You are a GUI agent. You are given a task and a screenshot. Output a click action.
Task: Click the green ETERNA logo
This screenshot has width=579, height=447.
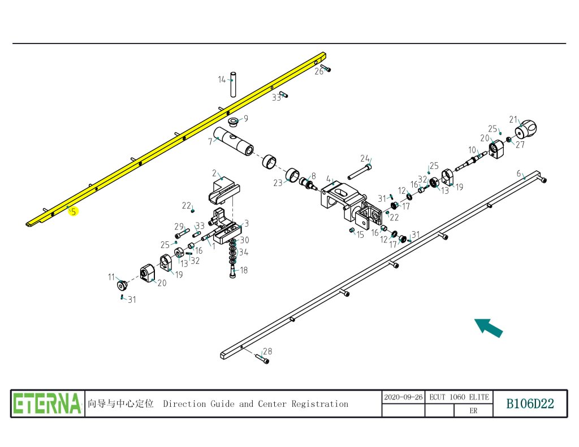[x=47, y=403]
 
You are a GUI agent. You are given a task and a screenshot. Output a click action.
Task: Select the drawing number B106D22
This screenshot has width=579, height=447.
[x=530, y=403]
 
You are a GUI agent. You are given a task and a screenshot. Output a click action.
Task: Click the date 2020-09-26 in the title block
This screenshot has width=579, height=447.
[x=403, y=397]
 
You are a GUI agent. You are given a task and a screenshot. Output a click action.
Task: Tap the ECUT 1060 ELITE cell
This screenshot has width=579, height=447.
[x=459, y=397]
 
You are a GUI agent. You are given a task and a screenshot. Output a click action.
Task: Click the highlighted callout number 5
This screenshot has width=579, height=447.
[x=74, y=212]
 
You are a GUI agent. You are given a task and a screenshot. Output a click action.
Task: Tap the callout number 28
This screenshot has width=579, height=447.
[x=267, y=351]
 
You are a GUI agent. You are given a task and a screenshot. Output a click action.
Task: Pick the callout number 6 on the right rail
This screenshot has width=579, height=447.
[x=518, y=173]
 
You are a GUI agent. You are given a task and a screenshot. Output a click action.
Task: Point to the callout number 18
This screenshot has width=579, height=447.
[x=244, y=270]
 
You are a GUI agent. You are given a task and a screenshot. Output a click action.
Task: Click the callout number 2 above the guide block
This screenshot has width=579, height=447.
[x=214, y=172]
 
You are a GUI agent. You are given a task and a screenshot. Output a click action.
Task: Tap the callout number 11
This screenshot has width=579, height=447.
[x=111, y=277]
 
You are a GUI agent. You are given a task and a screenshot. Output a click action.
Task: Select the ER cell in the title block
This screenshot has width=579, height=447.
[x=473, y=411]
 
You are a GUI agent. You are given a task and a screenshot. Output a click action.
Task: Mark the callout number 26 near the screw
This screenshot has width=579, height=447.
[x=319, y=71]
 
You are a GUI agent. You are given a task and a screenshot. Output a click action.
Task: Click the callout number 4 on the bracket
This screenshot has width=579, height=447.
[x=328, y=179]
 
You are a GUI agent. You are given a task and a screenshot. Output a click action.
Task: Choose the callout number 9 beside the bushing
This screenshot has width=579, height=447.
[x=245, y=119]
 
